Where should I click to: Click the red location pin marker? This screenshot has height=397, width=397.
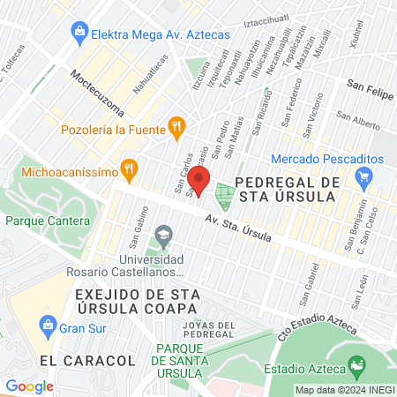[x=198, y=183]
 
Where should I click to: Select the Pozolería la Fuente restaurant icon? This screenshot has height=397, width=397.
[x=177, y=125]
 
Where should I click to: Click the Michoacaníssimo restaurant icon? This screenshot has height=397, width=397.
[x=130, y=167]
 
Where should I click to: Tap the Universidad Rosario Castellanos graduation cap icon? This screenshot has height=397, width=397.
[x=162, y=236]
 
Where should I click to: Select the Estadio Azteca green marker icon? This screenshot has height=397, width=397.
[x=356, y=363]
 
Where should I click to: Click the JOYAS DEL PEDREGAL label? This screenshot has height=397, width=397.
[x=208, y=330]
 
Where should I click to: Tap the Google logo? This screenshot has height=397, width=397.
[x=29, y=386]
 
